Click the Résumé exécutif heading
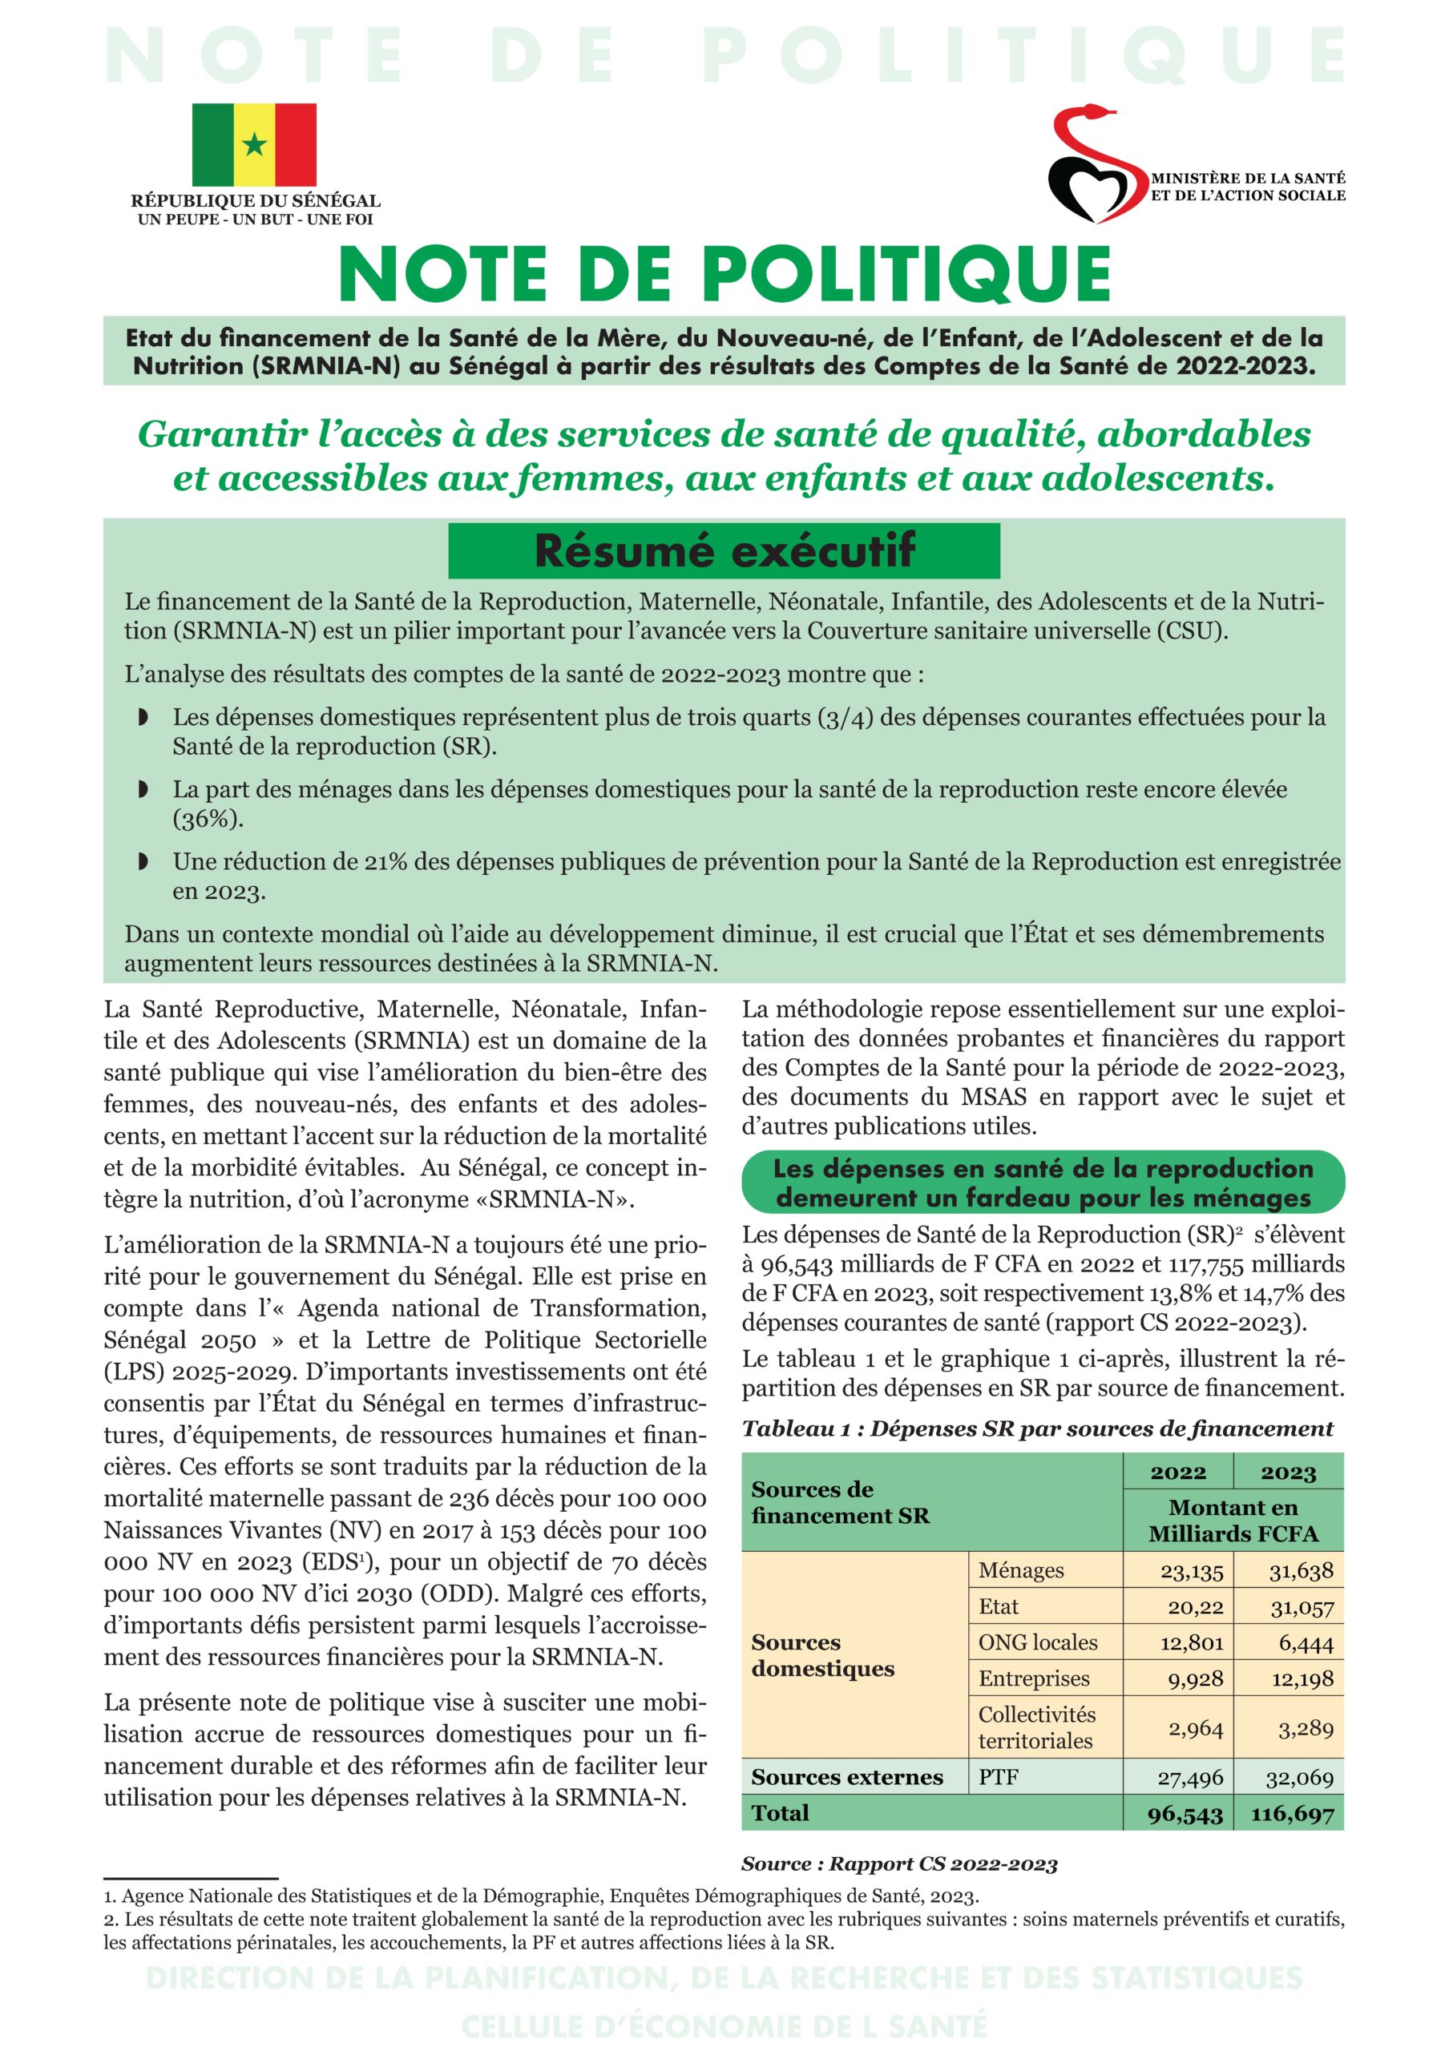[724, 550]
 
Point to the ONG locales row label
[1037, 1642]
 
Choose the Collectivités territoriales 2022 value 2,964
[1195, 1727]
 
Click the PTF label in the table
[998, 1777]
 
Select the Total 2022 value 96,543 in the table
[1185, 1813]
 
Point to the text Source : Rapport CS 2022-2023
[898, 1864]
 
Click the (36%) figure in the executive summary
[208, 819]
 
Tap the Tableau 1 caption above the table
[1036, 1428]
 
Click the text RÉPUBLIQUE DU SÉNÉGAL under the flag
[256, 201]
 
